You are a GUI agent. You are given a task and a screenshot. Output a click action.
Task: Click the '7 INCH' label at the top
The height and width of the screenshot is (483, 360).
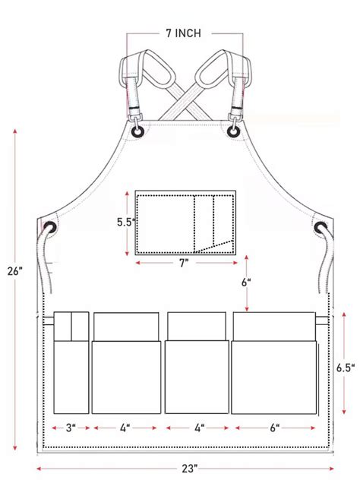tap(183, 33)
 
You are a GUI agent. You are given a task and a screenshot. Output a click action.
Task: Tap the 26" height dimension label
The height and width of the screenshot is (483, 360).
tap(14, 271)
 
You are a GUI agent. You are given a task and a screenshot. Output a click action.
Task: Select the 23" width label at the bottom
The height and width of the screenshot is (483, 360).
tap(189, 469)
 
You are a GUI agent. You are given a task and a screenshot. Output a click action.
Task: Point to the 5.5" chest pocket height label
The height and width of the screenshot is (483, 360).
tap(126, 222)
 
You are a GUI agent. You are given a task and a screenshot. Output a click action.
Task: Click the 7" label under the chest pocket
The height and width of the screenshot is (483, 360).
tap(184, 263)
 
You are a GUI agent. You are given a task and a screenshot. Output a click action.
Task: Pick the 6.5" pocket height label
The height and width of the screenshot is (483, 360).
tap(346, 367)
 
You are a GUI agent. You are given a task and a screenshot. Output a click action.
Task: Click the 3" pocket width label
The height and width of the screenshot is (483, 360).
tap(71, 428)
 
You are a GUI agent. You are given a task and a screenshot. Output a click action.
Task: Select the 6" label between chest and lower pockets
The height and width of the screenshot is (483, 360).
tap(246, 283)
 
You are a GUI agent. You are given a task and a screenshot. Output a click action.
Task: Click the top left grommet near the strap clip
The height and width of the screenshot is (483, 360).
tap(137, 132)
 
